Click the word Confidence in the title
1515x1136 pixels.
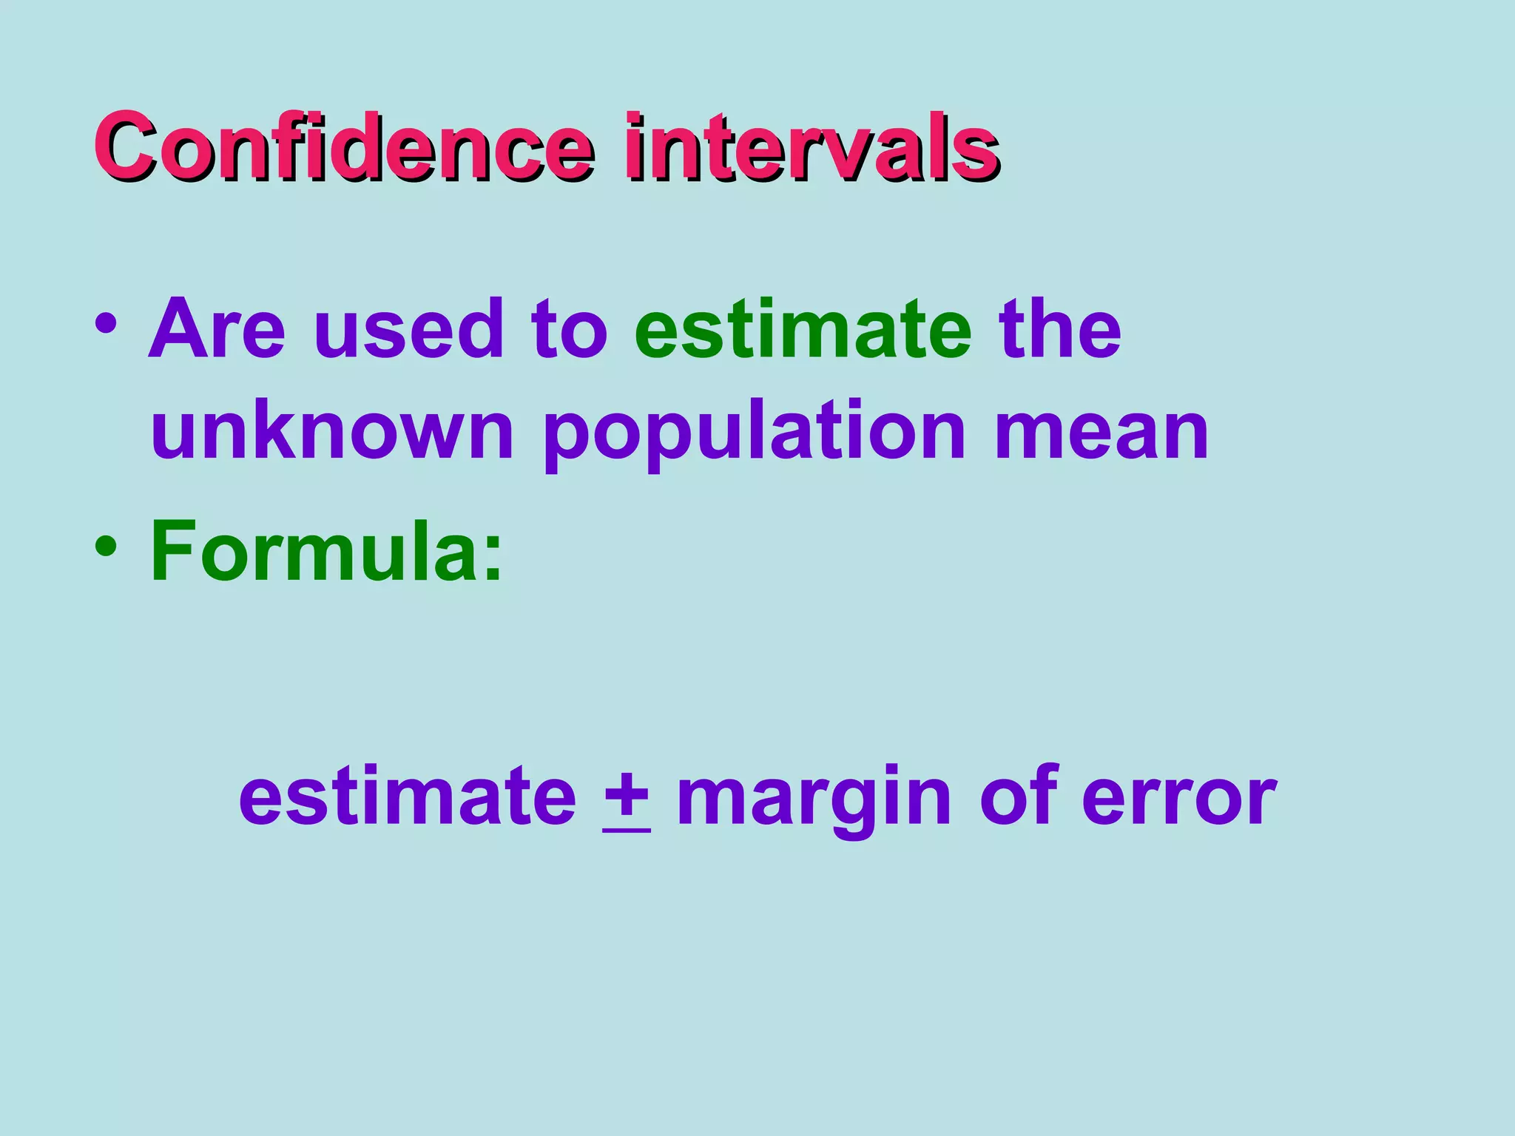click(x=344, y=146)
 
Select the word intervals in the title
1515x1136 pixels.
click(x=812, y=146)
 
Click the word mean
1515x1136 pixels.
click(x=1101, y=432)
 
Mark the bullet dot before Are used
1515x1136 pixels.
click(x=106, y=325)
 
